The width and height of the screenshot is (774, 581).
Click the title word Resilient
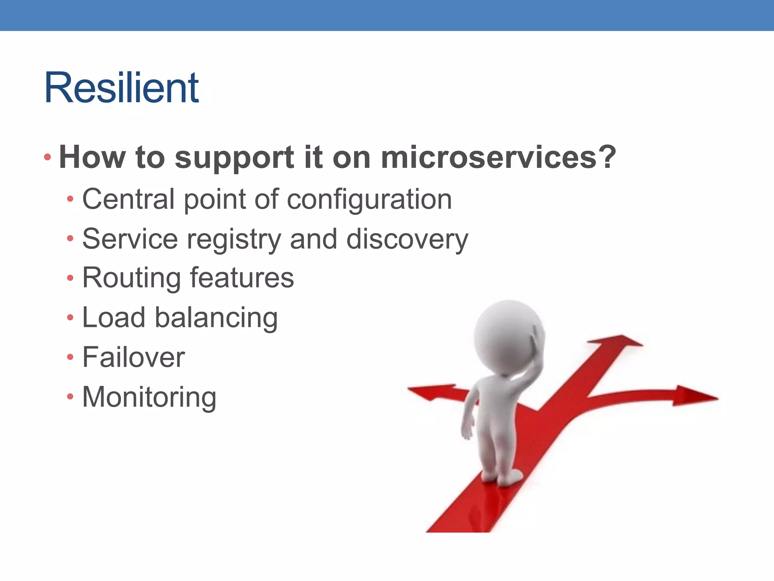pyautogui.click(x=122, y=88)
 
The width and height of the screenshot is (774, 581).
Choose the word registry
pyautogui.click(x=234, y=240)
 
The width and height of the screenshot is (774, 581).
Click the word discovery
pyautogui.click(x=407, y=240)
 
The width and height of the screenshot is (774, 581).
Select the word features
pyautogui.click(x=242, y=278)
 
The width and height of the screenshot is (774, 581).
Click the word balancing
pyautogui.click(x=216, y=318)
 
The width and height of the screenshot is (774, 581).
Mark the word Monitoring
pyautogui.click(x=149, y=398)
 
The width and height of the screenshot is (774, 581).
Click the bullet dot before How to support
pyautogui.click(x=47, y=157)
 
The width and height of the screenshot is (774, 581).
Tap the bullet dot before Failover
pyautogui.click(x=70, y=357)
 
